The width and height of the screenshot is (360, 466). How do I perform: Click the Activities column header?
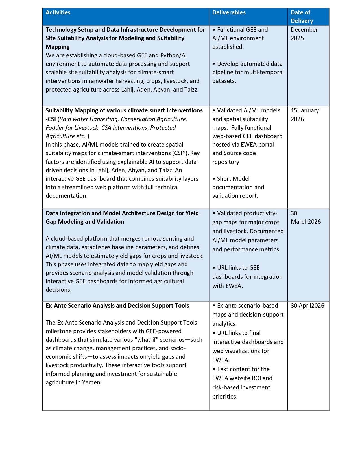click(x=58, y=12)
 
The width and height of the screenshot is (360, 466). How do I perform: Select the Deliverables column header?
click(x=229, y=12)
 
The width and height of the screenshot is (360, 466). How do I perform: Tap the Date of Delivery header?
click(x=302, y=17)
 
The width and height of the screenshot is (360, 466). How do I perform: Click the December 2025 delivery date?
click(x=304, y=34)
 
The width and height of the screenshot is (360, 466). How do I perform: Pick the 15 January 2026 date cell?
click(x=305, y=115)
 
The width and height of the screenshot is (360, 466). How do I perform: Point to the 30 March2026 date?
click(x=306, y=217)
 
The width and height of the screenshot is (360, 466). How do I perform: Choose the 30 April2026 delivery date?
click(x=307, y=306)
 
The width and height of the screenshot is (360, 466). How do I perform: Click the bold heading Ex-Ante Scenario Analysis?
click(x=117, y=306)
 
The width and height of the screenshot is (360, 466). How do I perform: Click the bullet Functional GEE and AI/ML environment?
click(x=240, y=38)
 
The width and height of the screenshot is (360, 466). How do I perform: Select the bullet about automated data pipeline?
click(x=248, y=72)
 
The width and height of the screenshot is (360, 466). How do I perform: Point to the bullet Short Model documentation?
click(x=238, y=187)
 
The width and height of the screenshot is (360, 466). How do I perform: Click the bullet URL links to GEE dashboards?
click(x=247, y=276)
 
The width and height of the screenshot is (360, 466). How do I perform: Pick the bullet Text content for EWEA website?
click(x=242, y=382)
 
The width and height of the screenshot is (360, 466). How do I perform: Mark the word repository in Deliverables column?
click(x=226, y=162)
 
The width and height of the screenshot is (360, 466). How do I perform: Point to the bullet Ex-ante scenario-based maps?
click(x=248, y=314)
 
